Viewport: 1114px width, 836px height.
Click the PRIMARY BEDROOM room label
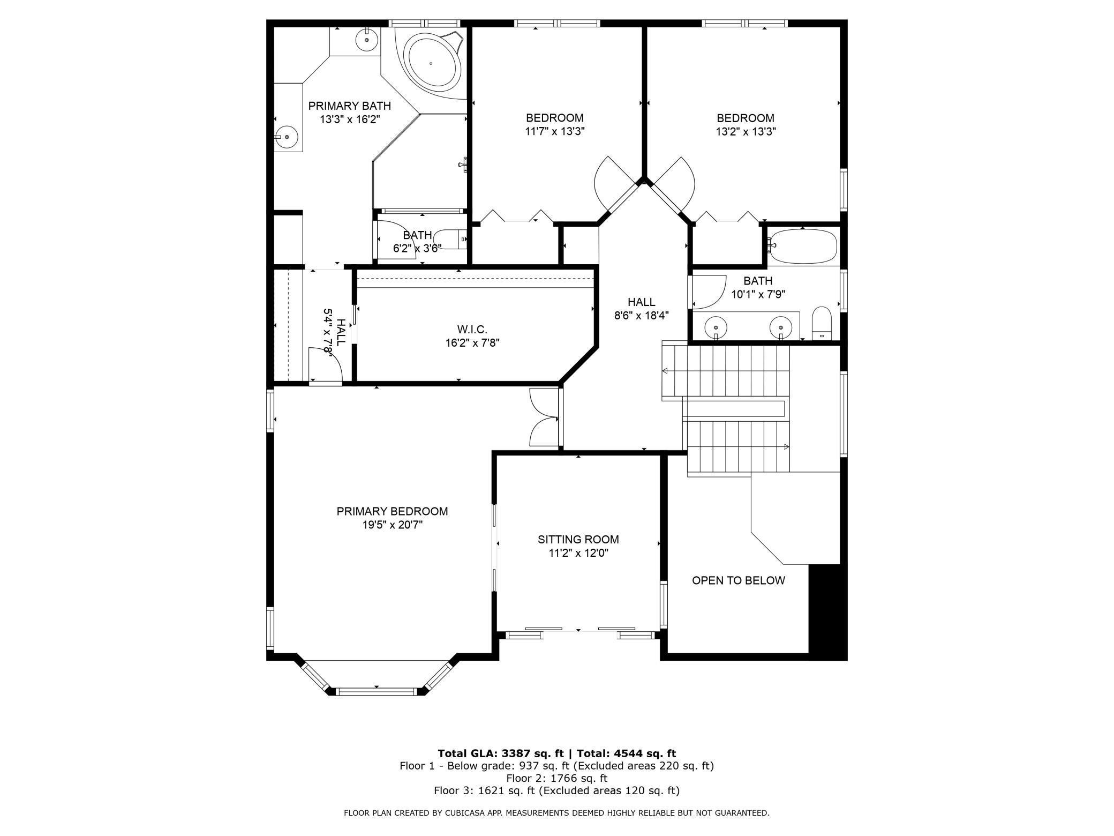pyautogui.click(x=392, y=511)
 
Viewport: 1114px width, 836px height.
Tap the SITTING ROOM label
pyautogui.click(x=578, y=539)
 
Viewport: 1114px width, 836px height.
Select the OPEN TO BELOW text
pyautogui.click(x=739, y=580)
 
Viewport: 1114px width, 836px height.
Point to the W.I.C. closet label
pyautogui.click(x=472, y=329)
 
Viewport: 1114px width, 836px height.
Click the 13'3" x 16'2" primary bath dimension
pyautogui.click(x=350, y=119)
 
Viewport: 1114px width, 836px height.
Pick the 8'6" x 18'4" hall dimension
pyautogui.click(x=642, y=316)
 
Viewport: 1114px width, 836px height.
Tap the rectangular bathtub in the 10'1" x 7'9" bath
pyautogui.click(x=802, y=246)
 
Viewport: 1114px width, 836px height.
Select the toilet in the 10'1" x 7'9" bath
pyautogui.click(x=822, y=323)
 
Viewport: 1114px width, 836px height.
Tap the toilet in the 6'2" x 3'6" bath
pyautogui.click(x=450, y=239)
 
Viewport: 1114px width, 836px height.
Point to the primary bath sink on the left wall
pyautogui.click(x=287, y=137)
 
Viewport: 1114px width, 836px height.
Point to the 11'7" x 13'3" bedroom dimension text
pyautogui.click(x=555, y=131)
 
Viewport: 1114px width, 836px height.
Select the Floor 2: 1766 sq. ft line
pyautogui.click(x=557, y=778)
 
